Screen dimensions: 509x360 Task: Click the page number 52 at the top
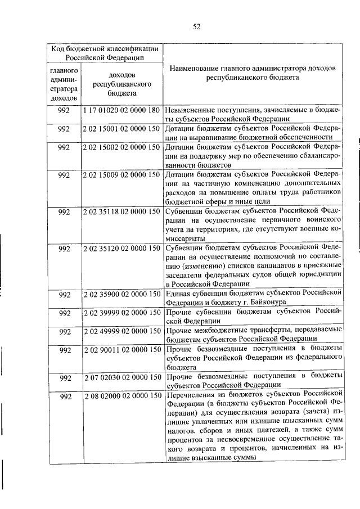click(196, 26)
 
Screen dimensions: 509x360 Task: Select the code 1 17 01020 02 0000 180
click(121, 110)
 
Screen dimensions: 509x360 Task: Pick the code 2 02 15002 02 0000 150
click(121, 147)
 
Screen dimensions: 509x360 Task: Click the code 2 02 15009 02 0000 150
click(121, 174)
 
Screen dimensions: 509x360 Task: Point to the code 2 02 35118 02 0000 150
click(121, 212)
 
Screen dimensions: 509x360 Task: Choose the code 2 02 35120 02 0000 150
click(121, 248)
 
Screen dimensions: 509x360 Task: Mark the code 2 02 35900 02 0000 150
click(121, 293)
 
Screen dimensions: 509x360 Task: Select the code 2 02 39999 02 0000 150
click(121, 312)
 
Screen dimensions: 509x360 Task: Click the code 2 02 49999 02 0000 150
click(121, 330)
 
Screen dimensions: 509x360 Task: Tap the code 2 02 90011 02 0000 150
click(121, 349)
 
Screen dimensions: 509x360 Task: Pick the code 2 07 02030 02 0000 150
click(121, 376)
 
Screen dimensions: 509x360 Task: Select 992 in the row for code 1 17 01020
click(64, 110)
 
